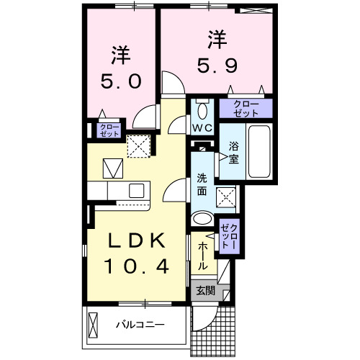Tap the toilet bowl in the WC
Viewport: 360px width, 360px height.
(x=202, y=110)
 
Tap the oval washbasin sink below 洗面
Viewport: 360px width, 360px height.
(x=203, y=219)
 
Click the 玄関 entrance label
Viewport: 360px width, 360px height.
(x=204, y=291)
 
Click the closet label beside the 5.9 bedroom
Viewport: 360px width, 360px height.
(x=246, y=109)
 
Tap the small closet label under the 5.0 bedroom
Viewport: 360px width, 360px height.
(x=109, y=130)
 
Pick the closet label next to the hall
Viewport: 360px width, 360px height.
(x=228, y=236)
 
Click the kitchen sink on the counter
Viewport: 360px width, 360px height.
(x=135, y=190)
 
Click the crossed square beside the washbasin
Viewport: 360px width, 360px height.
(x=227, y=194)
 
